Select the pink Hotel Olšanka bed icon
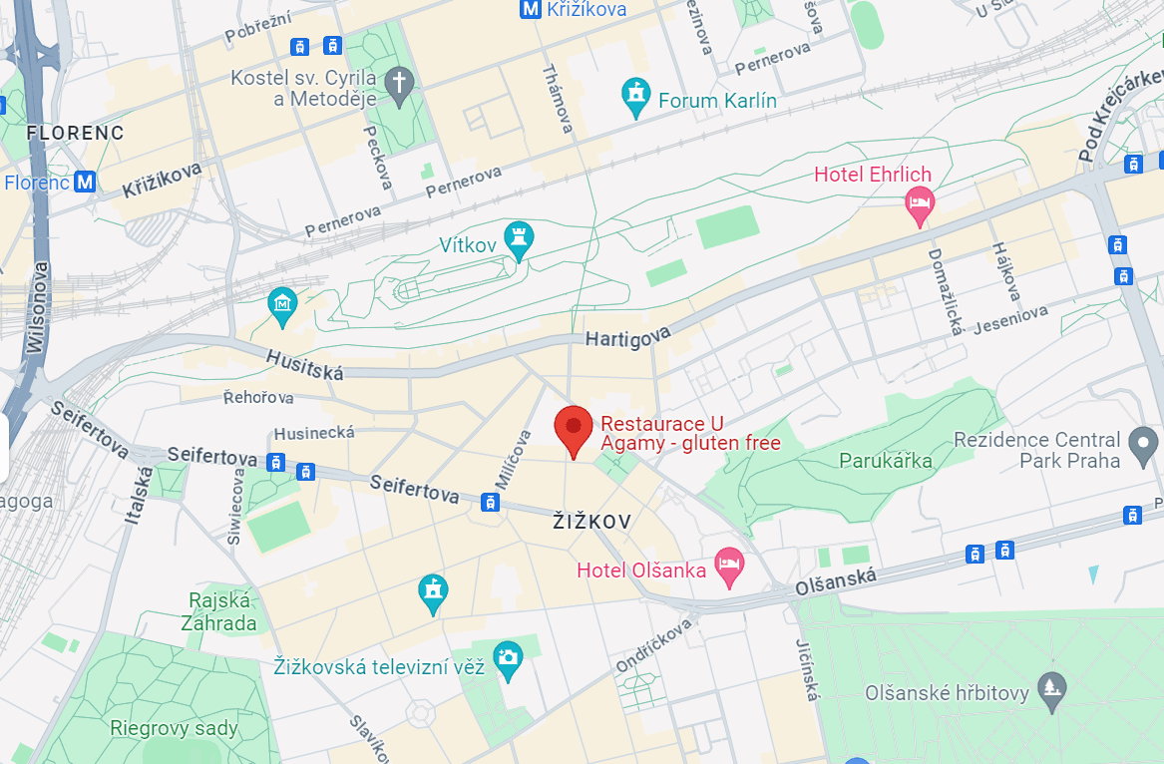730,567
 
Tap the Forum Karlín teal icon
634,97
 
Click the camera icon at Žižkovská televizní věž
508,658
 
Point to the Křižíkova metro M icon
531,9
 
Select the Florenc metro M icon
86,183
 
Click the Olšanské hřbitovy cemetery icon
1051,687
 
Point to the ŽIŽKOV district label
592,522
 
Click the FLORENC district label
75,133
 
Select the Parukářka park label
886,461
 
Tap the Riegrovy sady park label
175,728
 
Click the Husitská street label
304,364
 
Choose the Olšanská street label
836,582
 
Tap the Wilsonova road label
38,309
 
